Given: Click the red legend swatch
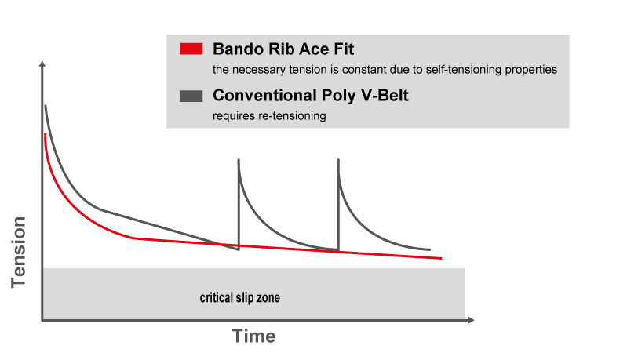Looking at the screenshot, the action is [x=191, y=49].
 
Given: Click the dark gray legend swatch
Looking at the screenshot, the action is [x=191, y=96].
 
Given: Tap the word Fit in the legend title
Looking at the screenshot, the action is [x=344, y=49].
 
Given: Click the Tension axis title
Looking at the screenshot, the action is [x=18, y=253].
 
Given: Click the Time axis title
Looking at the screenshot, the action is [x=254, y=336].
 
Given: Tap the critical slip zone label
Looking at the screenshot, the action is [x=239, y=297].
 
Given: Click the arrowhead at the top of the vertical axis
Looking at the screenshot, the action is [x=42, y=64].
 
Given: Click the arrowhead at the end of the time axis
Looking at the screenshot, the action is [x=471, y=320].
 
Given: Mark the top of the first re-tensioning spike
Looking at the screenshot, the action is [x=239, y=160].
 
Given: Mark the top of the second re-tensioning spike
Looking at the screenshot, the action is [x=338, y=160].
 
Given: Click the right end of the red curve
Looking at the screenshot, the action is [x=442, y=258].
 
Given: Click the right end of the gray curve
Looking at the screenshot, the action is [x=430, y=249].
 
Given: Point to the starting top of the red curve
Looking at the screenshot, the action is [x=45, y=134].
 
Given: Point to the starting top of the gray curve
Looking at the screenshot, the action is [x=46, y=106].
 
